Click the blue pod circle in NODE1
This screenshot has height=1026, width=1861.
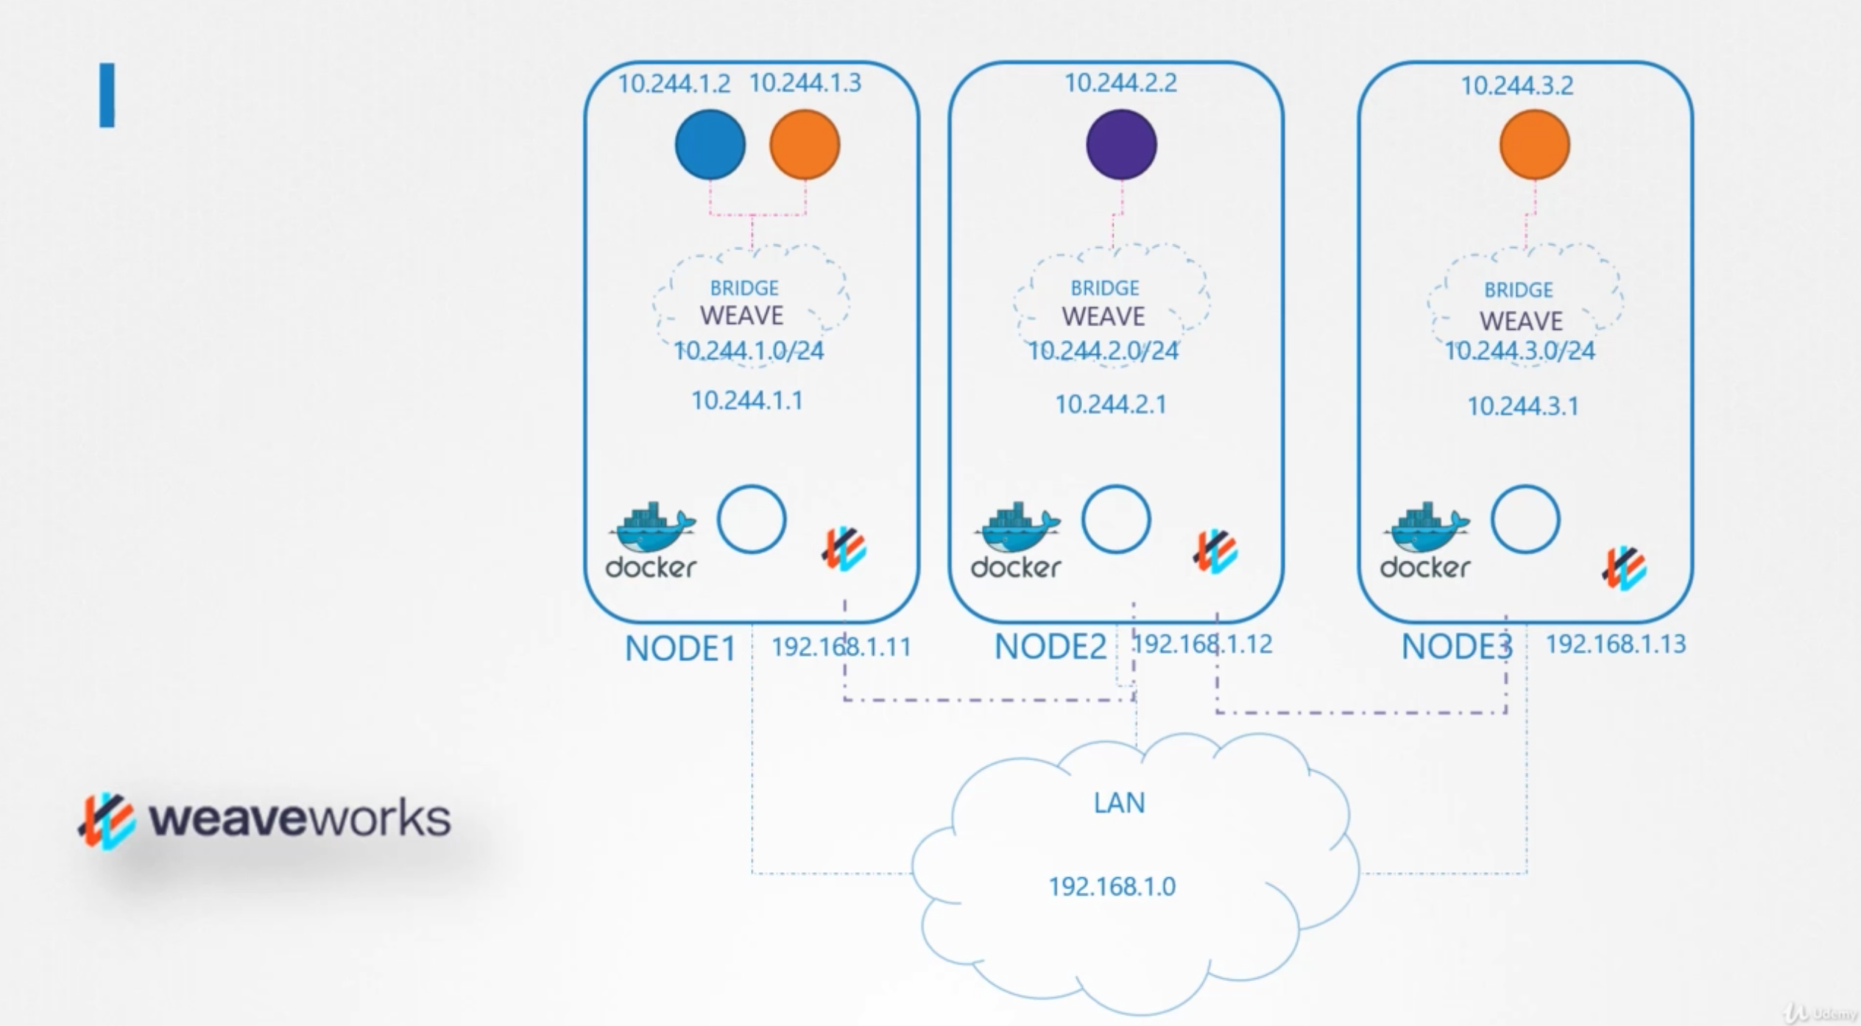tap(710, 144)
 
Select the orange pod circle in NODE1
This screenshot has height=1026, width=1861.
tap(805, 144)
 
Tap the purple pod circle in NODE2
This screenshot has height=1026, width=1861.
tap(1121, 144)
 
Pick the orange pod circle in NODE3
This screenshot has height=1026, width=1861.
tap(1534, 144)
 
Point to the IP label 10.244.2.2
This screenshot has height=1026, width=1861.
tap(1120, 83)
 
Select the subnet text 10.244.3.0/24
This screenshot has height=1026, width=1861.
tap(1519, 351)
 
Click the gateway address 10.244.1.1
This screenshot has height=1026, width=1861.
tap(746, 400)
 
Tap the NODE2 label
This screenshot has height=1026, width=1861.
tap(1050, 647)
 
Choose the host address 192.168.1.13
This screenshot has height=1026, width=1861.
tap(1615, 645)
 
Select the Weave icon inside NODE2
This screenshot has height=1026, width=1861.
tap(1215, 551)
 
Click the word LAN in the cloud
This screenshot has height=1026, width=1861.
tap(1119, 802)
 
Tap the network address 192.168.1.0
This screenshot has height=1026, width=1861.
tap(1112, 886)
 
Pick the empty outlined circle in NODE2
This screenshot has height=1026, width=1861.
tap(1115, 519)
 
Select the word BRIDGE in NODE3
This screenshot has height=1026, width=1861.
tap(1518, 290)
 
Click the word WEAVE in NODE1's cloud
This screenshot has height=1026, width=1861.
tap(741, 316)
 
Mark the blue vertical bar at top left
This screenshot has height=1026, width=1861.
tap(107, 95)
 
